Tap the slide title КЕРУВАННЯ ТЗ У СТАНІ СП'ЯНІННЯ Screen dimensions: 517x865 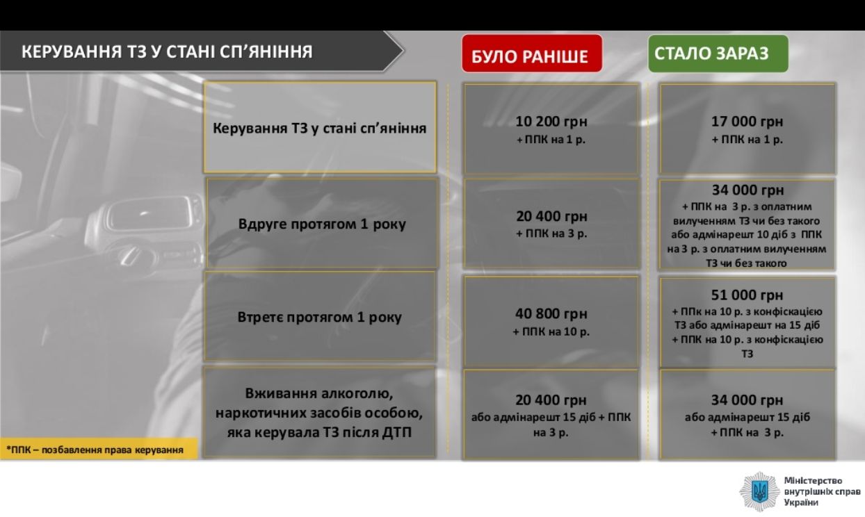[167, 51]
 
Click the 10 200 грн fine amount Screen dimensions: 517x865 [551, 122]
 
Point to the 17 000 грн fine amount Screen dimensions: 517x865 [747, 122]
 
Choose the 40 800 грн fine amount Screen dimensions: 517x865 [551, 313]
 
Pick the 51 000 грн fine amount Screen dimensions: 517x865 [747, 295]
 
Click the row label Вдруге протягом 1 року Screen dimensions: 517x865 [322, 224]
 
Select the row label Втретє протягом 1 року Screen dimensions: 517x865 [320, 318]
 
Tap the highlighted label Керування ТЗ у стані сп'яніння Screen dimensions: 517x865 [320, 129]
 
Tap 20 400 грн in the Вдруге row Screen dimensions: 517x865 [551, 216]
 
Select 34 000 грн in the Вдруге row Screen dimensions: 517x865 [747, 190]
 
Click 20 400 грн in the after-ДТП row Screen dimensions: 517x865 [551, 400]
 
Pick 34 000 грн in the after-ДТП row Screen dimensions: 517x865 [747, 400]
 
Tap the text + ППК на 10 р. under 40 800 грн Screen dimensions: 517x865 [551, 332]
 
